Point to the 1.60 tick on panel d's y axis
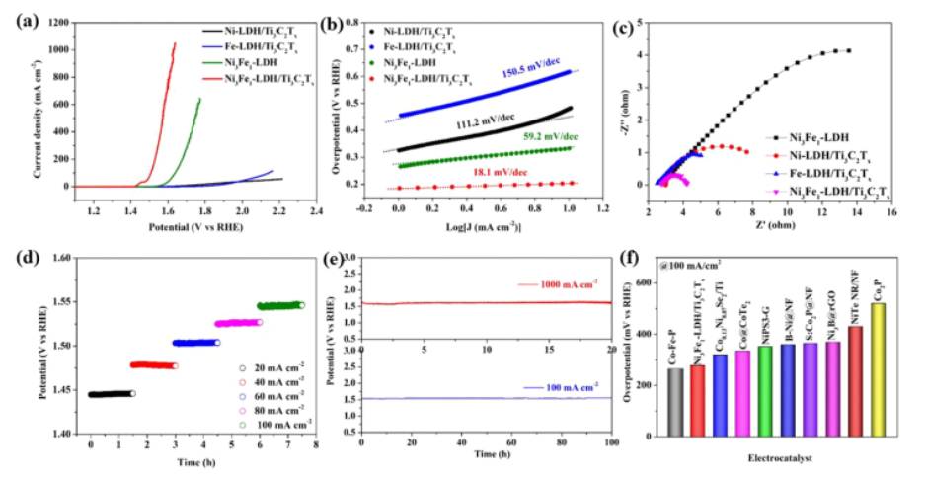tap(62, 260)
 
